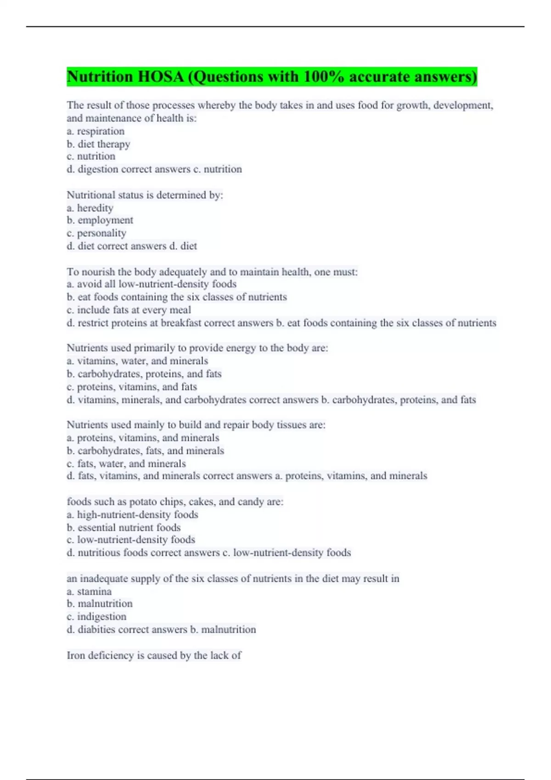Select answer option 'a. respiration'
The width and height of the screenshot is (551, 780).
point(96,131)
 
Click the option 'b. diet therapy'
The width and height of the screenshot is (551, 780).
point(98,144)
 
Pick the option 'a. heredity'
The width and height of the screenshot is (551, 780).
point(90,208)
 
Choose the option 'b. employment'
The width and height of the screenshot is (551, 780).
point(100,220)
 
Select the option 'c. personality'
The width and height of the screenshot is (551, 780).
point(96,233)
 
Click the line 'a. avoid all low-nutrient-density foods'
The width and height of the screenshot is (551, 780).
point(152,284)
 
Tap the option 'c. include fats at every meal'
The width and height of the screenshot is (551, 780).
point(129,310)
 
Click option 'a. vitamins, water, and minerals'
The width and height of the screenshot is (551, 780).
point(137,361)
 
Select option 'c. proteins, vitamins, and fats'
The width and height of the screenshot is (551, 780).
point(132,387)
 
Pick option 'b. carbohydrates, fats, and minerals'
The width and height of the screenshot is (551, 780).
point(145,451)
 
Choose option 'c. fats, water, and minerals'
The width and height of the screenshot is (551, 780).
point(126,463)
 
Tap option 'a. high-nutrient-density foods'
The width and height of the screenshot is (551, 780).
point(132,515)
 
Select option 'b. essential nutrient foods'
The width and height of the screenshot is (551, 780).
point(124,528)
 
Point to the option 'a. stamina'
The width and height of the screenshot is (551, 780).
point(89,591)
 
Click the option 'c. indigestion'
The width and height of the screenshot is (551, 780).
point(96,617)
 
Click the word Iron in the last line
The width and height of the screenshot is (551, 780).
point(76,655)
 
